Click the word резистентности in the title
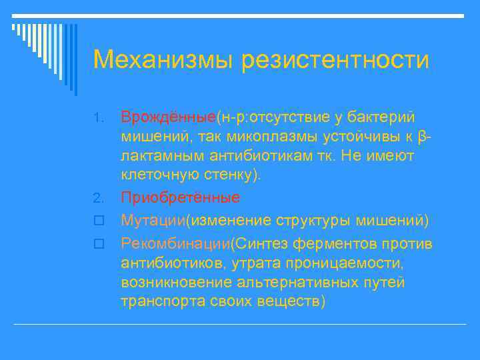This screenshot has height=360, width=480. point(335,59)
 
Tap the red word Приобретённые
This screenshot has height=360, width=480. point(180,198)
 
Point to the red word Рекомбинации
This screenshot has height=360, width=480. point(175,243)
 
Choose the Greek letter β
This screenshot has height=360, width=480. point(421,137)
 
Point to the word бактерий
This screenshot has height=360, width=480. point(377,117)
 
